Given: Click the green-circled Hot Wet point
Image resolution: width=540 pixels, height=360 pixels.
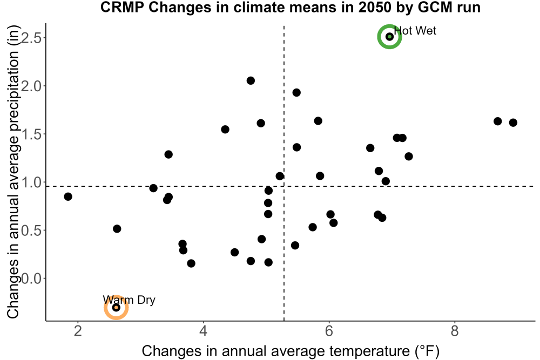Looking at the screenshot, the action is pyautogui.click(x=389, y=37).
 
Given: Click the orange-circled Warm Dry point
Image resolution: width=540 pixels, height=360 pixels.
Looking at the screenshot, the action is pyautogui.click(x=117, y=307).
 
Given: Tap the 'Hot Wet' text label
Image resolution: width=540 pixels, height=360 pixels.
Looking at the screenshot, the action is pyautogui.click(x=415, y=31).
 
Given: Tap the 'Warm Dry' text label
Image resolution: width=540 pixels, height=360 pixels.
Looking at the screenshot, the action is pyautogui.click(x=129, y=300).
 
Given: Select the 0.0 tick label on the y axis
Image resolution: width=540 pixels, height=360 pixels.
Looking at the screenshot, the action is pyautogui.click(x=31, y=278).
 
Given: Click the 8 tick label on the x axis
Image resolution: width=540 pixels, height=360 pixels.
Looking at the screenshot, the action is pyautogui.click(x=455, y=331).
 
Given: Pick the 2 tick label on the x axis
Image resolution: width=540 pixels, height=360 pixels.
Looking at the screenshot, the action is pyautogui.click(x=78, y=331).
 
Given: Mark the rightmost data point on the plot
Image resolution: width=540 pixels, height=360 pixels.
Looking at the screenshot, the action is pyautogui.click(x=513, y=123).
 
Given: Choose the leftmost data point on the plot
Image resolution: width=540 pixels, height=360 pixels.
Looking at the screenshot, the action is pyautogui.click(x=68, y=196).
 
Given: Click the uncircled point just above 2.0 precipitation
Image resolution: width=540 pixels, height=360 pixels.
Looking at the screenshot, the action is pyautogui.click(x=251, y=80).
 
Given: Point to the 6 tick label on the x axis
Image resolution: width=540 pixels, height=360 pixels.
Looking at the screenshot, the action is pyautogui.click(x=329, y=331).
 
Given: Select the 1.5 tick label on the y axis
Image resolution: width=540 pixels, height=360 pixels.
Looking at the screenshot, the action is pyautogui.click(x=31, y=134).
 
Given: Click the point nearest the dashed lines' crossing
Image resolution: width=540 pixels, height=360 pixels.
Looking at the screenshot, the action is pyautogui.click(x=280, y=176).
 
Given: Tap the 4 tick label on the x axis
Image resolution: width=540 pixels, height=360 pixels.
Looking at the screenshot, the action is pyautogui.click(x=204, y=331).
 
